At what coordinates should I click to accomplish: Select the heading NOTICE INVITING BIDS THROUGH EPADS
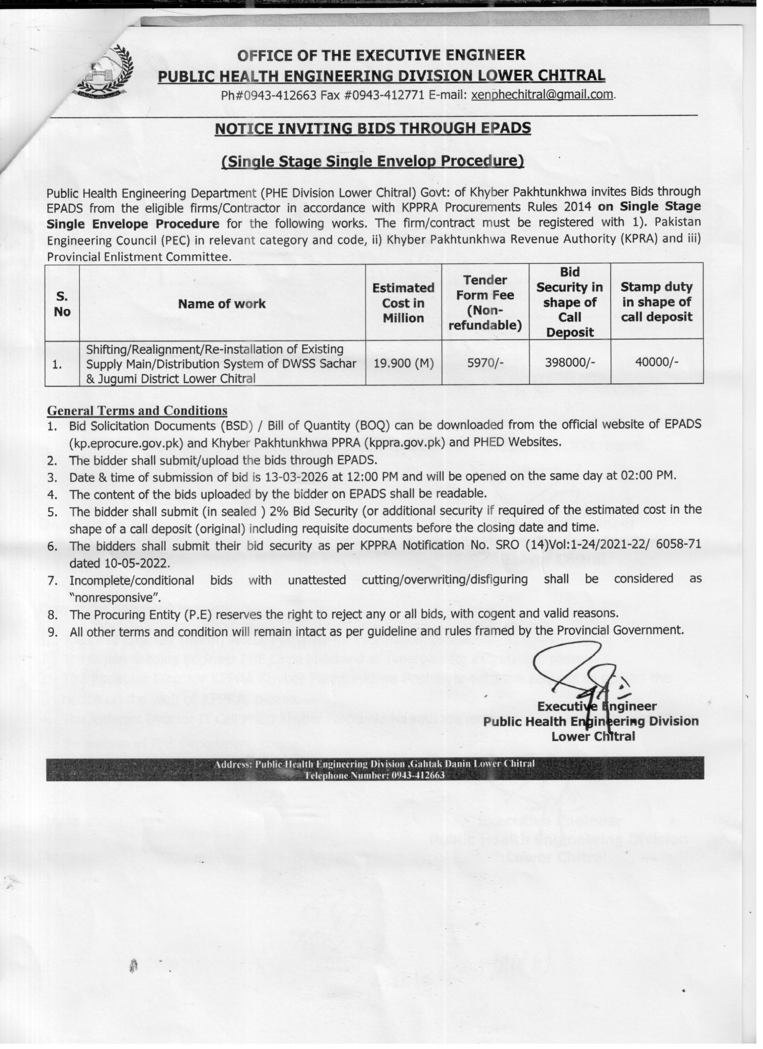click(x=373, y=128)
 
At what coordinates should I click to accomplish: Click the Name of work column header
click(x=222, y=304)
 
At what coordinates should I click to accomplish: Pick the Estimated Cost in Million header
click(x=403, y=303)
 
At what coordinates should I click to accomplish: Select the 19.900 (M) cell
click(x=403, y=363)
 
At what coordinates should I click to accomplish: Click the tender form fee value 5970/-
click(x=485, y=363)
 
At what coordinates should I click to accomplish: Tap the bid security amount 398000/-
click(x=570, y=363)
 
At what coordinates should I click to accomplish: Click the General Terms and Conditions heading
click(x=137, y=411)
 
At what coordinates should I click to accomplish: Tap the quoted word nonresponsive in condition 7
click(x=115, y=598)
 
